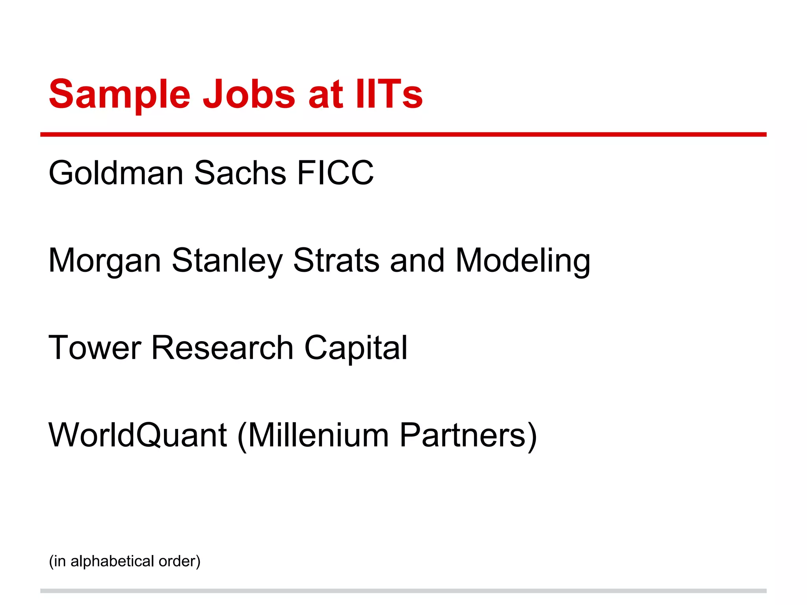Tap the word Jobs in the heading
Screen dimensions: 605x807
coord(249,95)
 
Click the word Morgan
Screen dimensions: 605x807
coord(104,261)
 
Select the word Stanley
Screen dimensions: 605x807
coord(227,261)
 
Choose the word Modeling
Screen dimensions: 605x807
coord(523,261)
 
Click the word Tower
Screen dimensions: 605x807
coord(95,347)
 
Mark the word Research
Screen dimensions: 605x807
coord(222,347)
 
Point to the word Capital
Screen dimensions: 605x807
coord(356,348)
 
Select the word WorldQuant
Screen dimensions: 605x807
coord(138,435)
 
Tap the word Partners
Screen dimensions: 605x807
coord(463,435)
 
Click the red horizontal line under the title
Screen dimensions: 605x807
coord(403,135)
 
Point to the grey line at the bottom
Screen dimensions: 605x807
coord(403,591)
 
